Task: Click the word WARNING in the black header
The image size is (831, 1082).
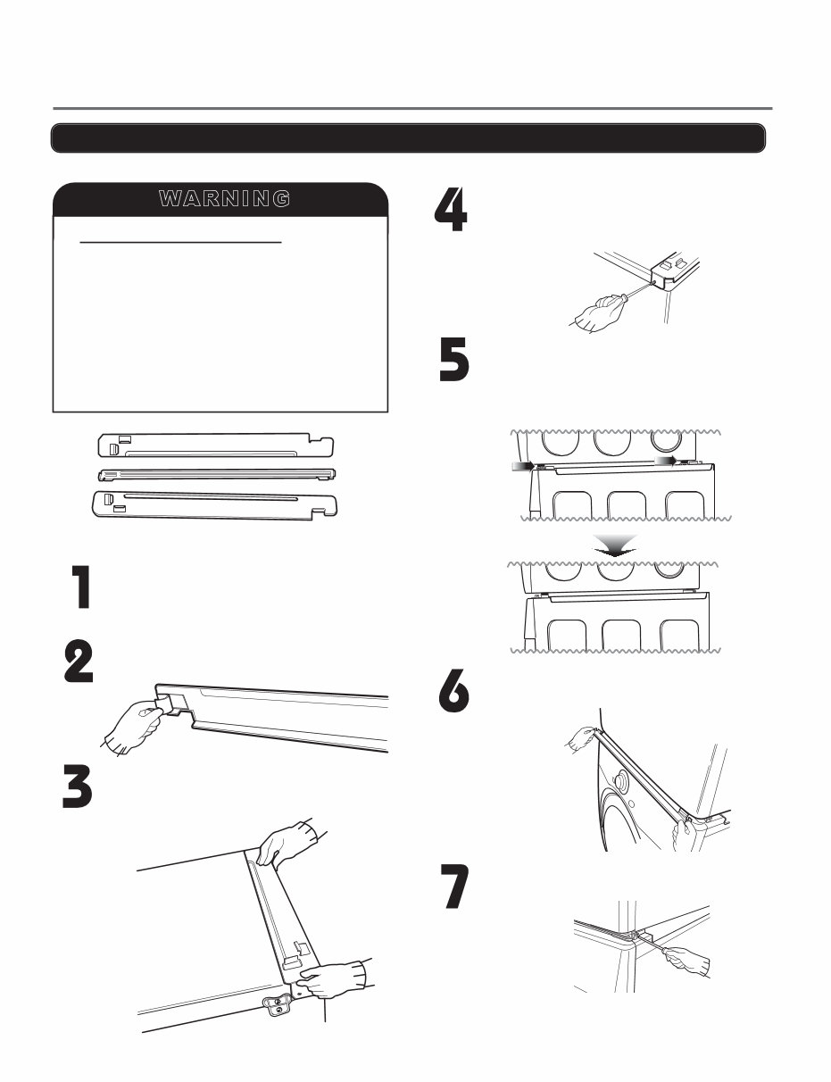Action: coord(223,198)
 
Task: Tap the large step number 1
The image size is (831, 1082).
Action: coord(82,588)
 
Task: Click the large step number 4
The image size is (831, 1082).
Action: coord(451,212)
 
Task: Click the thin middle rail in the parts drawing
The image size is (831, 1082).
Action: coord(218,473)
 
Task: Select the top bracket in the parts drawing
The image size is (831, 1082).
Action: coord(214,445)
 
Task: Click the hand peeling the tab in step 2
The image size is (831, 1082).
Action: coord(132,724)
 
